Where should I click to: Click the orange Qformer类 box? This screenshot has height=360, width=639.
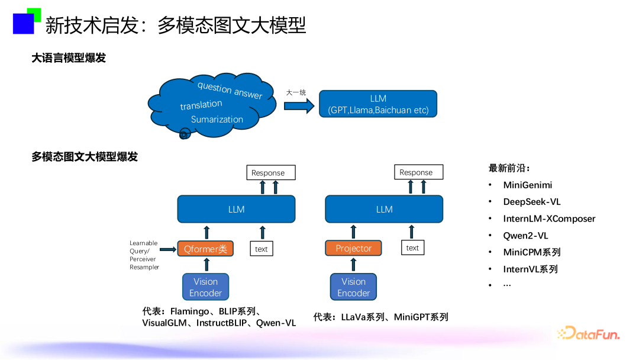tap(205, 249)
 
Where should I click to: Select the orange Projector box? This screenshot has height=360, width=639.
tap(353, 248)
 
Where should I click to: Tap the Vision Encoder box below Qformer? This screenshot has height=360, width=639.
tap(205, 287)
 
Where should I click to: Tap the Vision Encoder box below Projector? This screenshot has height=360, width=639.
tap(353, 287)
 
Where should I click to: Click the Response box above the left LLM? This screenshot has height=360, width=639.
tap(270, 173)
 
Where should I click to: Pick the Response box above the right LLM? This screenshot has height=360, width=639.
tap(418, 172)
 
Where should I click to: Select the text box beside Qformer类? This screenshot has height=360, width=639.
tap(262, 249)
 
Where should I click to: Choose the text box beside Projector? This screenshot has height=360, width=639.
tap(412, 248)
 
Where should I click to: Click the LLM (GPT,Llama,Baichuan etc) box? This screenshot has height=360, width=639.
tap(378, 104)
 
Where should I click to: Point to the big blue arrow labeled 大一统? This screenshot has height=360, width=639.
tap(299, 105)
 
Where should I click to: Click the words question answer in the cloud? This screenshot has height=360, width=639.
tap(230, 90)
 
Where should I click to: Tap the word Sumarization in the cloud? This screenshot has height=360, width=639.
tap(217, 119)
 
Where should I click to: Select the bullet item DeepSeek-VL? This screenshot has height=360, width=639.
tap(532, 202)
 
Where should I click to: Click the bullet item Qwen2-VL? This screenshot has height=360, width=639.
tap(525, 236)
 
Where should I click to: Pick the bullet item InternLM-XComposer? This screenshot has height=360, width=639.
tap(549, 218)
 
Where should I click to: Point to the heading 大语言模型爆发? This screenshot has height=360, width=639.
tap(69, 58)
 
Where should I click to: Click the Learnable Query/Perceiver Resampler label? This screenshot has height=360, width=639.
tap(144, 255)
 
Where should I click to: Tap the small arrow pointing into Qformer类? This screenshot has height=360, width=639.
tap(167, 249)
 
